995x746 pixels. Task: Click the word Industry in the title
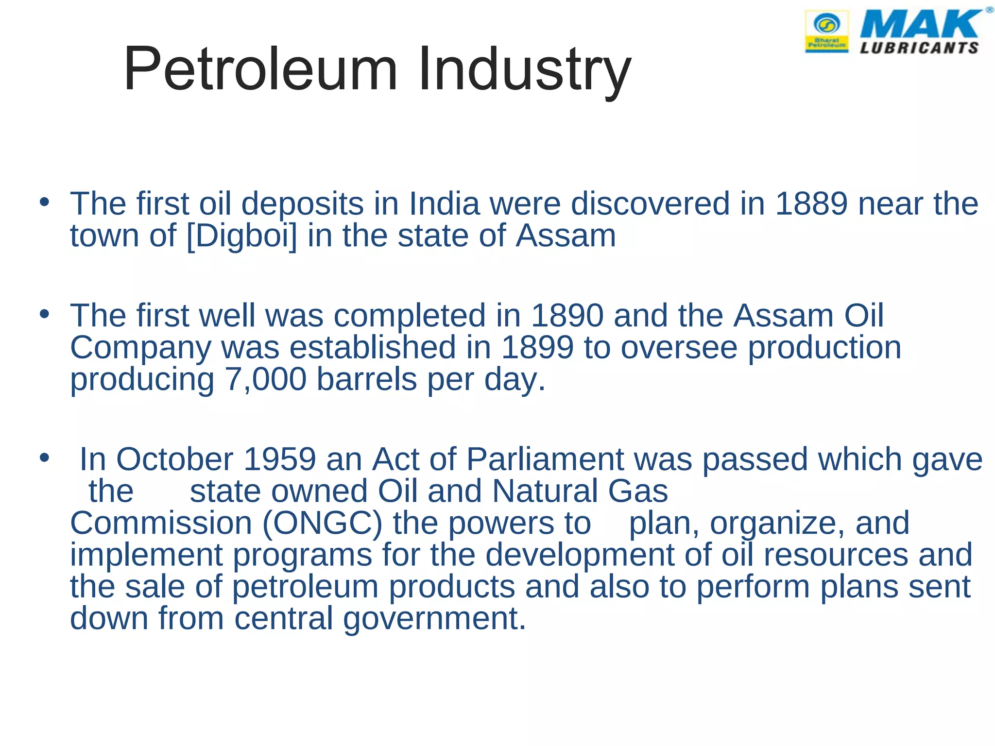click(x=524, y=69)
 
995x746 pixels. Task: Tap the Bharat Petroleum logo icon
click(x=827, y=31)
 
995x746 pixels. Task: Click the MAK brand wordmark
click(x=921, y=24)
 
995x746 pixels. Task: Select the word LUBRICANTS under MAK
click(x=919, y=48)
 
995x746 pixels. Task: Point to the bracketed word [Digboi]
click(x=241, y=236)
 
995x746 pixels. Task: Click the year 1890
click(x=567, y=316)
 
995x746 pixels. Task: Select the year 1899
click(x=537, y=348)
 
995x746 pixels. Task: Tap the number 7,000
click(x=265, y=379)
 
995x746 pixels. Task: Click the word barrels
click(x=367, y=379)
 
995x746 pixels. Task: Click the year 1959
click(x=279, y=459)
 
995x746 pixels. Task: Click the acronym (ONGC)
click(x=323, y=524)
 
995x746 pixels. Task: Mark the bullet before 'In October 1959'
click(x=45, y=458)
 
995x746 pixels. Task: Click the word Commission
click(x=161, y=524)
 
